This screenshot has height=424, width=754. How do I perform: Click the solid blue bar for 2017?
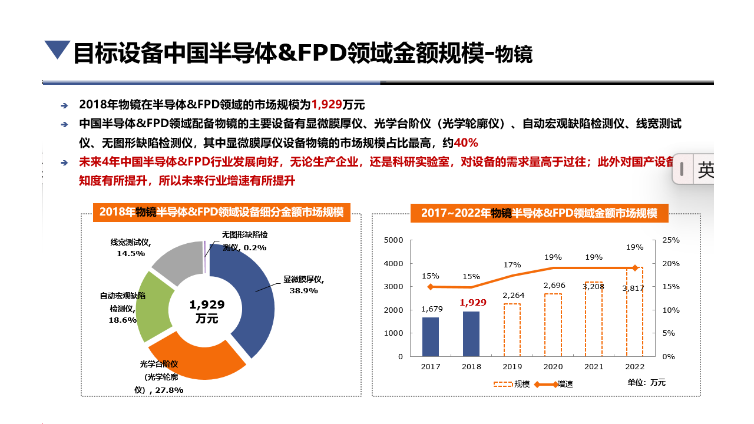(x=431, y=336)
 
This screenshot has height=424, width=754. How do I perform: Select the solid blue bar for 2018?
(x=471, y=333)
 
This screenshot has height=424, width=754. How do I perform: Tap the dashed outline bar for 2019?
(x=512, y=330)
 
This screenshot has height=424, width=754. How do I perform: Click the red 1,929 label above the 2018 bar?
(x=472, y=302)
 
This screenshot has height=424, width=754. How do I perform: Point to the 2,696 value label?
(x=554, y=285)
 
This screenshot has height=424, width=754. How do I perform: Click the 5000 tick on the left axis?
(x=393, y=240)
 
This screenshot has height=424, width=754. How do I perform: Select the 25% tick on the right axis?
(x=671, y=240)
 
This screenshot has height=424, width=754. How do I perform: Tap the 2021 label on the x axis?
(x=594, y=366)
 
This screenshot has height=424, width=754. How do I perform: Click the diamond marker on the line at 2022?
(x=635, y=268)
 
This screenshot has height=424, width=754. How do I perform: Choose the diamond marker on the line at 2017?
(x=431, y=287)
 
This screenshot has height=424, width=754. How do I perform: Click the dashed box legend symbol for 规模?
(x=502, y=384)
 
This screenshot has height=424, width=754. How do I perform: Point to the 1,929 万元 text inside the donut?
(x=207, y=311)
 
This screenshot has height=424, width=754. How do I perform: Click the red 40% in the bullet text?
(x=466, y=143)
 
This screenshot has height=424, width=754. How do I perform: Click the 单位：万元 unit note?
(x=646, y=382)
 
